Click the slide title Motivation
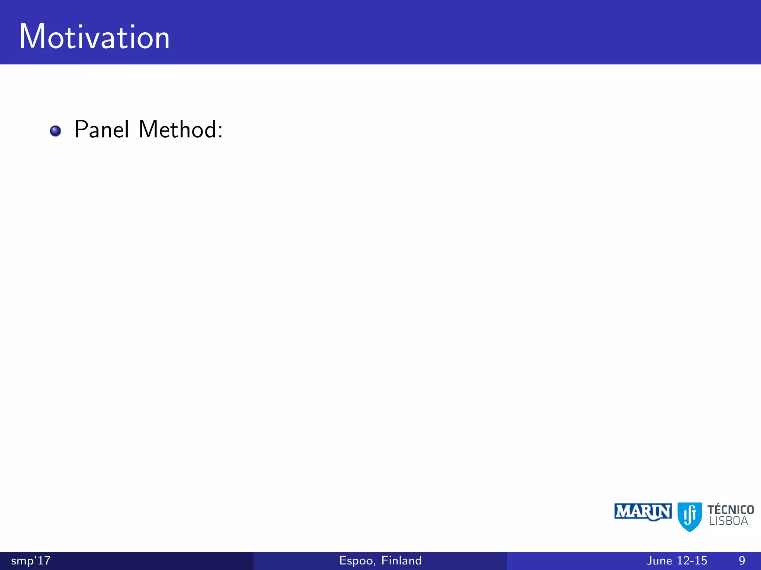94,37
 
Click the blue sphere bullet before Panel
55,131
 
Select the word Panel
102,130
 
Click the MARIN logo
643,512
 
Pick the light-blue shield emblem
690,517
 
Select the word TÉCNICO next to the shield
731,510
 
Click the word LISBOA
728,521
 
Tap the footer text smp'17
31,560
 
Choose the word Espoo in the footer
357,560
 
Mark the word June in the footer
659,560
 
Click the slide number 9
742,560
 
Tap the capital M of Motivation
32,37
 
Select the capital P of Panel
81,130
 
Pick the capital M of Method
148,130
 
